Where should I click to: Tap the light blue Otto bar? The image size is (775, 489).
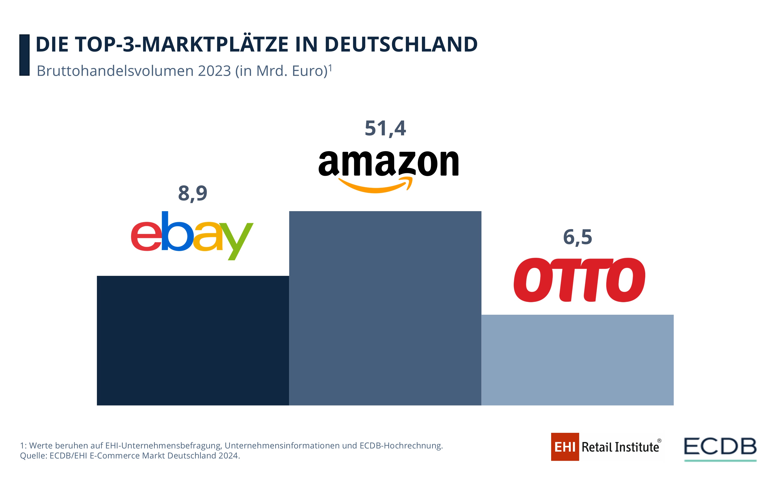pos(577,360)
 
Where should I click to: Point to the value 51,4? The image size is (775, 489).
pos(385,128)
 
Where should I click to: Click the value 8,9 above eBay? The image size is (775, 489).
pos(192,193)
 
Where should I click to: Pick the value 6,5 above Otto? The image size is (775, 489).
pos(577,237)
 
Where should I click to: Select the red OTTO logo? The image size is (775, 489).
pos(579,280)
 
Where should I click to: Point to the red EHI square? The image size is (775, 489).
pos(565,447)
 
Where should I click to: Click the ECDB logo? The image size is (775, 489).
pos(720,447)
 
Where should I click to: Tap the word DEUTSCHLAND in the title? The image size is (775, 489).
pos(401,44)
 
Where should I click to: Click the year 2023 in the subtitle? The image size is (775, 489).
pos(214,71)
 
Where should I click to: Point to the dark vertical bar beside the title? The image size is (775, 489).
pos(24,55)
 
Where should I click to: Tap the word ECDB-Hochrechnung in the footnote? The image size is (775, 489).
pos(401,446)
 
